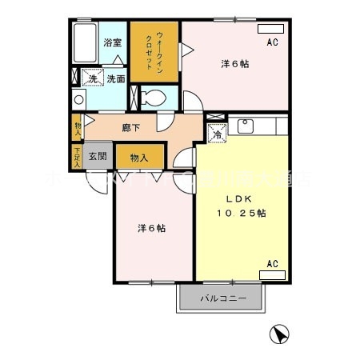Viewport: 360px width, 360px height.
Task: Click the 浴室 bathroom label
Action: coord(113,42)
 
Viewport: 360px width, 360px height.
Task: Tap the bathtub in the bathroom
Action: coord(83,44)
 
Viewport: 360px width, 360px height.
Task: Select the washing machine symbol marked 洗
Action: coord(93,78)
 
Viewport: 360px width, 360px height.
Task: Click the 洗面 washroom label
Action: coord(116,79)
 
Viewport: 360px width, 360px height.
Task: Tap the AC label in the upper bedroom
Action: coord(272,42)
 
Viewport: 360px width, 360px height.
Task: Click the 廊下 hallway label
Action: coord(132,126)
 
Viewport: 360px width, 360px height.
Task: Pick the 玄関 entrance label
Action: coord(98,156)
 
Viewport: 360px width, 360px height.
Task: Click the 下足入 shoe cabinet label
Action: coord(77,156)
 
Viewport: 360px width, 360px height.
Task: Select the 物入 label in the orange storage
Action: coord(139,158)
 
